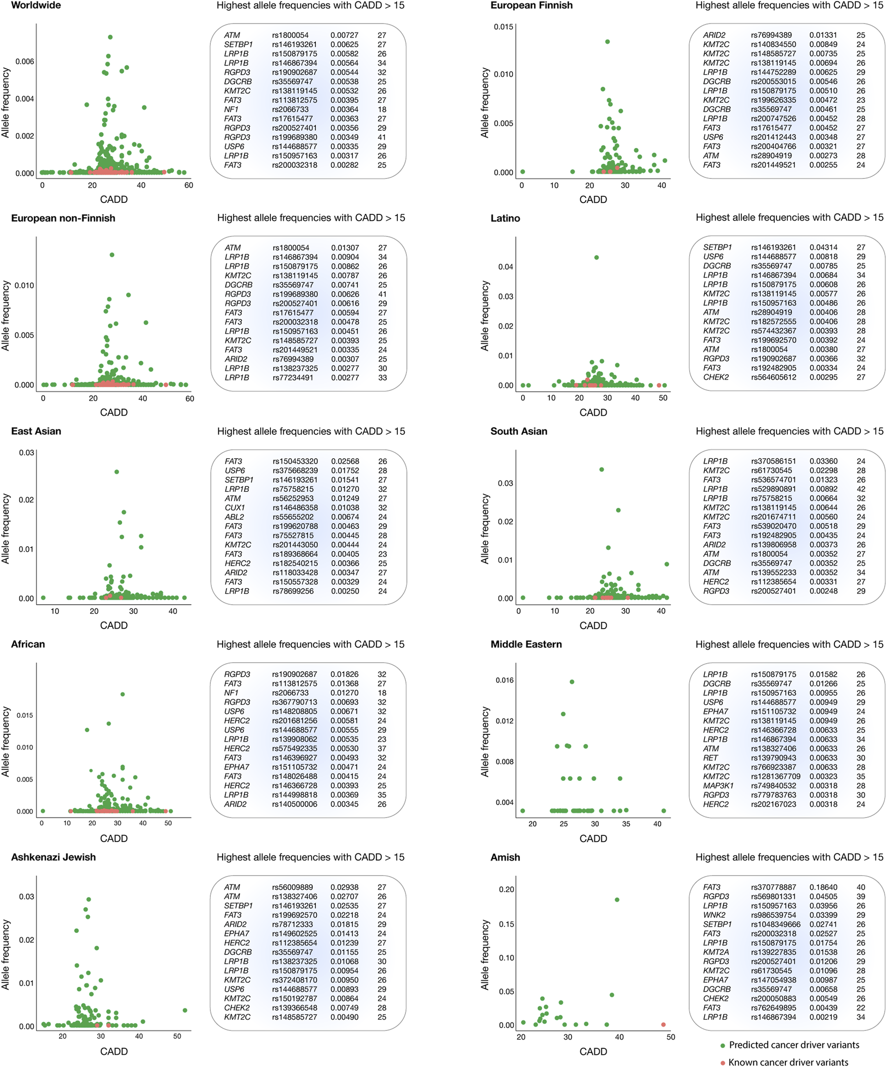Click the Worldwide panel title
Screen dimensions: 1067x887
point(36,6)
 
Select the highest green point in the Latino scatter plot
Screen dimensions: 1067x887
point(596,257)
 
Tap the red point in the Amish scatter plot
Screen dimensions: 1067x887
point(664,1025)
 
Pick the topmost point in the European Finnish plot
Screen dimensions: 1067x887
point(607,42)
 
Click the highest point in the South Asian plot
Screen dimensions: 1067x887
point(602,469)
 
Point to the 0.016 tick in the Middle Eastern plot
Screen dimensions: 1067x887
point(504,680)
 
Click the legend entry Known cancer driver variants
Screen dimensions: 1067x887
point(788,1062)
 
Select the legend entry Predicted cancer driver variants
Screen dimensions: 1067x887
point(793,1044)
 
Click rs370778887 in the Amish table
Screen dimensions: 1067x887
point(773,887)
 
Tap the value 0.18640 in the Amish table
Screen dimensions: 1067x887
point(823,887)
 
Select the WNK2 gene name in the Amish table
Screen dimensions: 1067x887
point(714,915)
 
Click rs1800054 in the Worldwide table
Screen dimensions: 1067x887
point(290,35)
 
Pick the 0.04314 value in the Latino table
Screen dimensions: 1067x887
point(823,247)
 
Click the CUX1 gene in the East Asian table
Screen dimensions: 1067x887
point(235,507)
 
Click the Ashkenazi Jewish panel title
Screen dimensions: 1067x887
point(54,857)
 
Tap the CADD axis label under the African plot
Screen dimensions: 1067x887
point(114,839)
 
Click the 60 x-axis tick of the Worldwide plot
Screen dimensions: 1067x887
point(189,185)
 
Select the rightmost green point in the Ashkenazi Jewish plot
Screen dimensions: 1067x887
point(185,1010)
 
